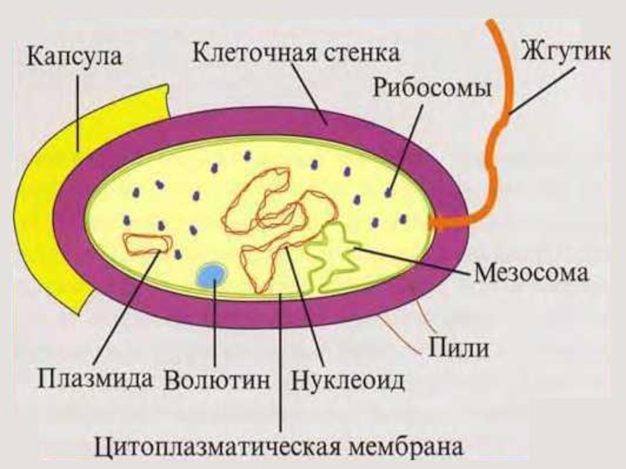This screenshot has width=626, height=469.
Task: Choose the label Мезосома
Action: click(x=532, y=274)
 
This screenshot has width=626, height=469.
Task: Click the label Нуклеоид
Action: click(x=348, y=381)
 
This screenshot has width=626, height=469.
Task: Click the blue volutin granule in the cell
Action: click(x=211, y=274)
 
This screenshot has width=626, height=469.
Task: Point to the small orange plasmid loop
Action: click(x=146, y=244)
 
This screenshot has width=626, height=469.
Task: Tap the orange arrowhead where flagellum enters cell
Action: click(x=438, y=222)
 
